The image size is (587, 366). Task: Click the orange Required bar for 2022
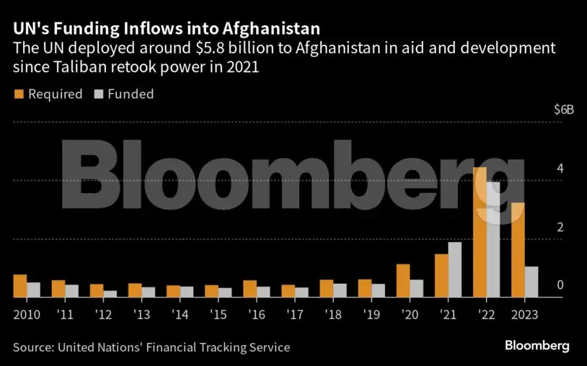[479, 232]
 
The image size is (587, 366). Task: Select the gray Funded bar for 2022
[493, 239]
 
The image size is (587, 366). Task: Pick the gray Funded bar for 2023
[531, 282]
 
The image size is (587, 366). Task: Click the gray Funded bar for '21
[454, 269]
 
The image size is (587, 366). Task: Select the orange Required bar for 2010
[20, 286]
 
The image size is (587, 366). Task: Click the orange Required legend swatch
[19, 94]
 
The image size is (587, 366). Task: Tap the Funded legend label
[131, 94]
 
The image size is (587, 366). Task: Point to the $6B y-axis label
[563, 110]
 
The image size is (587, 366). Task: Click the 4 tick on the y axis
[559, 169]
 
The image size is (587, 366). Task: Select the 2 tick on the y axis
[559, 227]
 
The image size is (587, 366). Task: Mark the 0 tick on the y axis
[559, 285]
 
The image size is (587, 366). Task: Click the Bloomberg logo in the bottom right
[537, 346]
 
